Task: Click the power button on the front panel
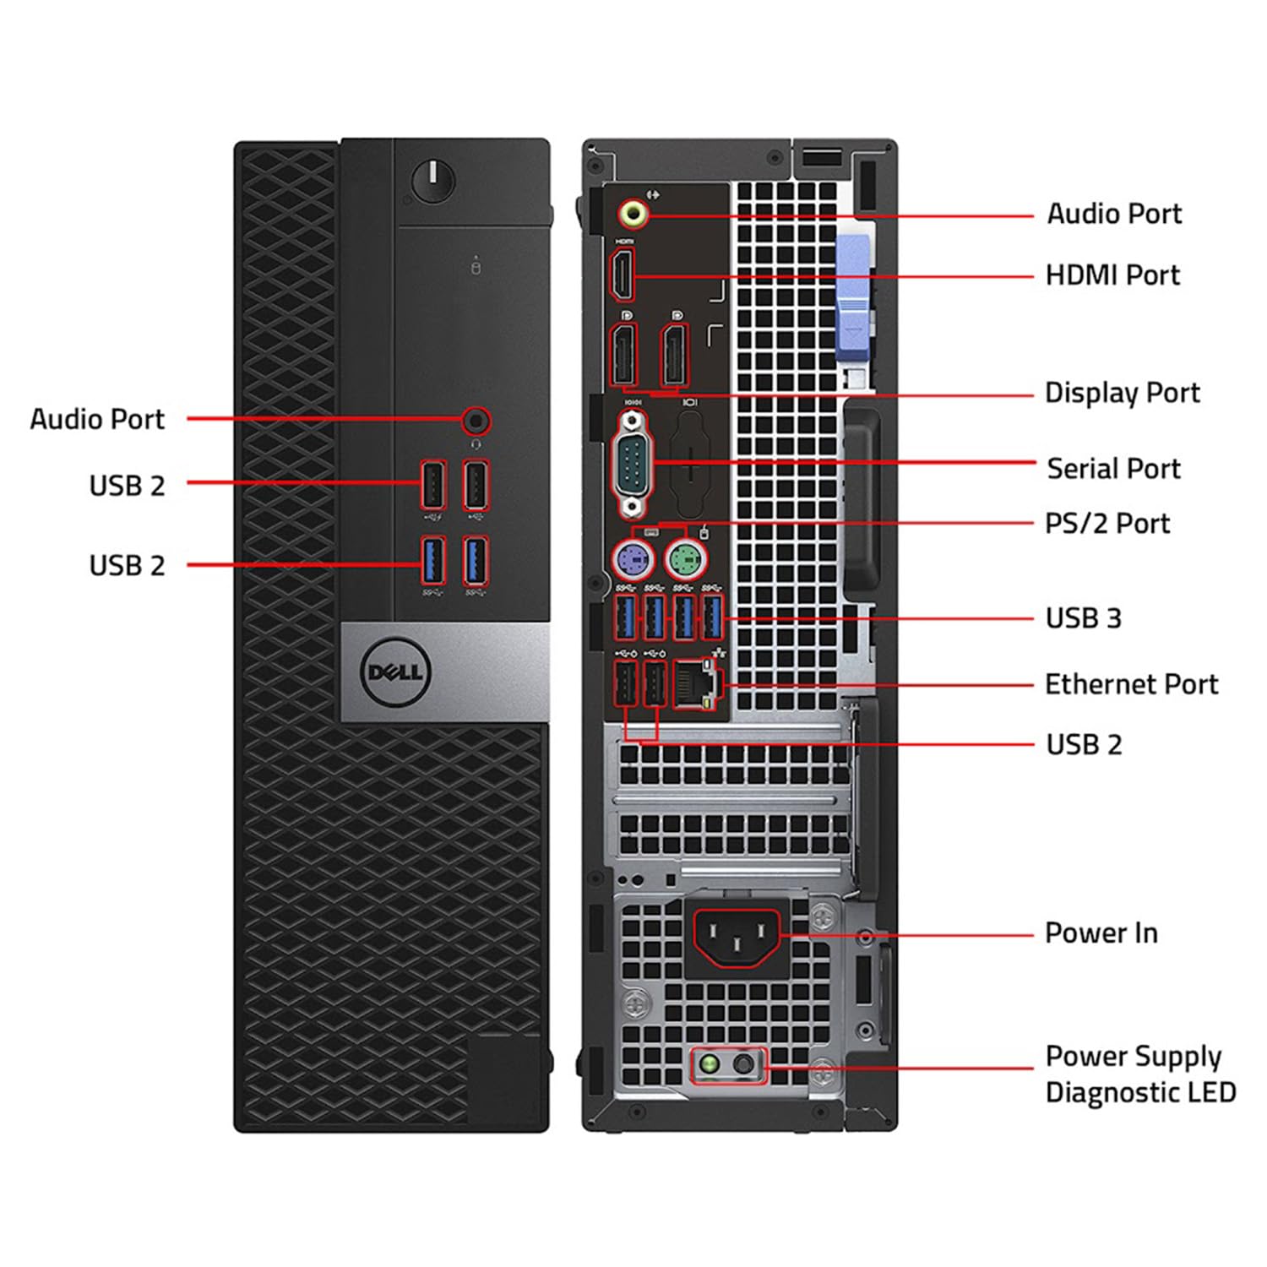click(433, 181)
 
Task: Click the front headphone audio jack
click(476, 420)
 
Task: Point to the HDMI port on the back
click(623, 275)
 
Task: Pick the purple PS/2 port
click(633, 557)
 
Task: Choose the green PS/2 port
click(686, 557)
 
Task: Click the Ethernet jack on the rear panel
click(695, 682)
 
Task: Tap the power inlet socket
click(737, 936)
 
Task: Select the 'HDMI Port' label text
click(1112, 275)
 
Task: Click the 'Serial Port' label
click(1113, 469)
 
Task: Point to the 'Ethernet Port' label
click(1131, 684)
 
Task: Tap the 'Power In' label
click(1101, 933)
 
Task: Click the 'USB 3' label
click(1083, 618)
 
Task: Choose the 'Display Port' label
click(1122, 393)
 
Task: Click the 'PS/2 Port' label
click(1107, 524)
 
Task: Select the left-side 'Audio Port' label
click(97, 420)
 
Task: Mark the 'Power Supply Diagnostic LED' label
click(1140, 1074)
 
